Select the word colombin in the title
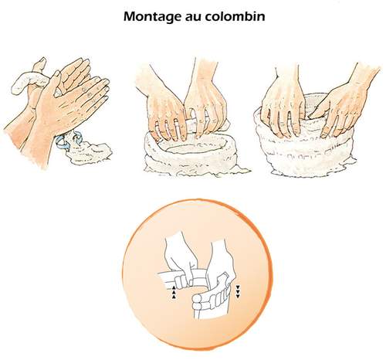pos(235,16)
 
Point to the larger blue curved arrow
pos(63,143)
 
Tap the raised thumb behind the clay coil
pos(39,64)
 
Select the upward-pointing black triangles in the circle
pos(174,292)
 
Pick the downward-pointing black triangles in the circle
pos(238,291)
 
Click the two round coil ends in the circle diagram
pos(198,302)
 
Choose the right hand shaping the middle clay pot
pos(206,100)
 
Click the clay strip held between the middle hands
pos(191,124)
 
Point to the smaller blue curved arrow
pos(78,137)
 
